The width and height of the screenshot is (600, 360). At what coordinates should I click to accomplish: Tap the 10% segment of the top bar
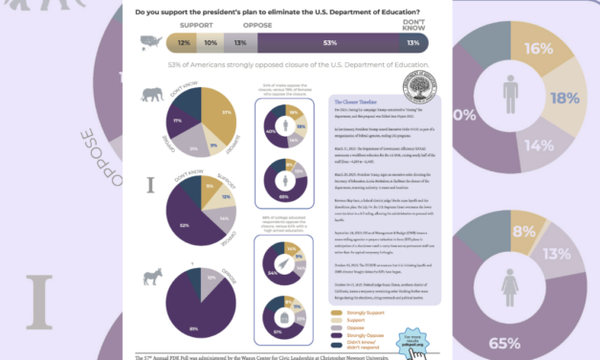pyautogui.click(x=211, y=43)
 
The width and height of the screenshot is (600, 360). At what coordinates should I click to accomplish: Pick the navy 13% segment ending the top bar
pyautogui.click(x=412, y=43)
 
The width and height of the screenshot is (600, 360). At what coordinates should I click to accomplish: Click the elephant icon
pyautogui.click(x=151, y=94)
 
